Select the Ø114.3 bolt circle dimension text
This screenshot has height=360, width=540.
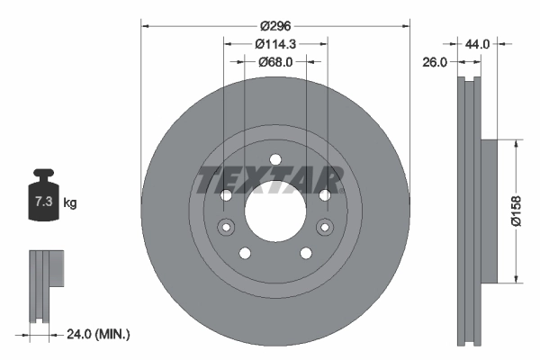(x=275, y=44)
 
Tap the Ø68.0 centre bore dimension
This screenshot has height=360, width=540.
(x=275, y=62)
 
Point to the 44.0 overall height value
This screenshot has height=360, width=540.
(x=477, y=43)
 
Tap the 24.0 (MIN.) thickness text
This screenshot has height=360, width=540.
(x=98, y=334)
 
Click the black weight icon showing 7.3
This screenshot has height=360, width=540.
(x=42, y=199)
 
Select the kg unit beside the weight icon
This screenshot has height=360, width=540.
(x=69, y=203)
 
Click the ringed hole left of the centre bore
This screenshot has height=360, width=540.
(x=225, y=226)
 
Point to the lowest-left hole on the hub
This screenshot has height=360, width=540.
(x=245, y=253)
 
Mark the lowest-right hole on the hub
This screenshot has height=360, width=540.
(x=306, y=253)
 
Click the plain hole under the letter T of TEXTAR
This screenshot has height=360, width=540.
(x=226, y=195)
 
